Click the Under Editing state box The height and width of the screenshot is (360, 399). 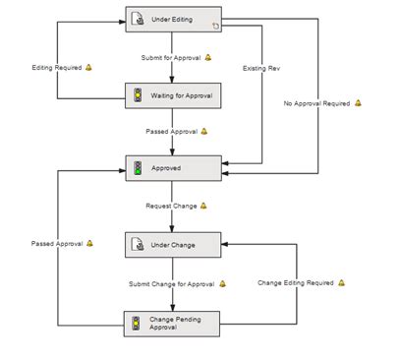(173, 19)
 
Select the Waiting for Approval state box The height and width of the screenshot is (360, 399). (173, 95)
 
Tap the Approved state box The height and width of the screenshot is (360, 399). (173, 167)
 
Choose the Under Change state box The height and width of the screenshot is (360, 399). (173, 245)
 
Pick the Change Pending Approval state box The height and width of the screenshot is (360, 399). (173, 322)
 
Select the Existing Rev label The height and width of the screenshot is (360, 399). (258, 68)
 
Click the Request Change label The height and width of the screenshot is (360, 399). (171, 206)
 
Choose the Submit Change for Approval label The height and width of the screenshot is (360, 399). (172, 283)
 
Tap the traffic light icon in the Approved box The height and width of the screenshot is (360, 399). (139, 167)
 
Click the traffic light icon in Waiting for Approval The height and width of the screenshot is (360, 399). (139, 95)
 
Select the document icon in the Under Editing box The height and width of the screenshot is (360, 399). (139, 19)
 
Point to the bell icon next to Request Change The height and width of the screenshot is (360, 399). (205, 206)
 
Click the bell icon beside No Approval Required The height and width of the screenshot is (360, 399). (359, 103)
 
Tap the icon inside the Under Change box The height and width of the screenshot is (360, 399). (139, 245)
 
